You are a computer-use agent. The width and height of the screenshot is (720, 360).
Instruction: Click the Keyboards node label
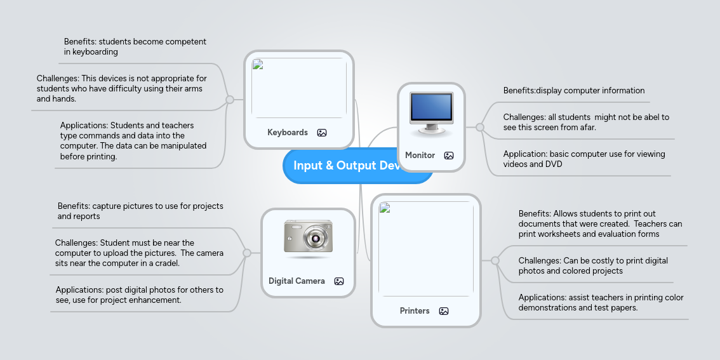287,133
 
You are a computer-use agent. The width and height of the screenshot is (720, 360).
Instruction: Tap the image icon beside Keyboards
322,133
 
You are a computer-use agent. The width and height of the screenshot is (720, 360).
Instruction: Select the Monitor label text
420,156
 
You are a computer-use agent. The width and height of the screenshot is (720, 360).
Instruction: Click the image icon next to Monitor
449,156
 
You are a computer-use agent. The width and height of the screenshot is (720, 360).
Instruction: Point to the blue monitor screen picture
431,108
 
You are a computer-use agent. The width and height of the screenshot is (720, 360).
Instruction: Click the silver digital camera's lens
314,239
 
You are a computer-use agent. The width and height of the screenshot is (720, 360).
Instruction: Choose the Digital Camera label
297,281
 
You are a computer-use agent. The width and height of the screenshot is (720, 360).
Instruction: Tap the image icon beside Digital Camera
339,281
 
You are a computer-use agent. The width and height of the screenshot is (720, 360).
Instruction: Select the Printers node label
415,311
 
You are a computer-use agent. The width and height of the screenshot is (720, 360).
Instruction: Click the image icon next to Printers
444,311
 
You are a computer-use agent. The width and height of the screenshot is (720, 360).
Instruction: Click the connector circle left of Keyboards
230,100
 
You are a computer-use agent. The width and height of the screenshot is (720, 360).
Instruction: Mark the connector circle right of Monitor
480,128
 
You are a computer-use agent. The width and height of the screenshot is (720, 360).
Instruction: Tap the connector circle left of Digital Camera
247,253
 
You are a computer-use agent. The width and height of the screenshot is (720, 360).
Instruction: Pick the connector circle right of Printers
495,261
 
